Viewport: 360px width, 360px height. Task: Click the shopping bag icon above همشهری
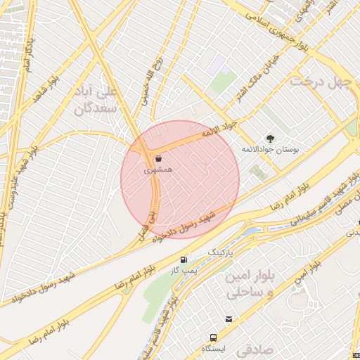coord(156,158)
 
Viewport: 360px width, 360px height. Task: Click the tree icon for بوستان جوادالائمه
coord(270,138)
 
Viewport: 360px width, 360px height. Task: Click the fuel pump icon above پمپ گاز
coord(184,259)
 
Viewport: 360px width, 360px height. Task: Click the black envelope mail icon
coord(229,320)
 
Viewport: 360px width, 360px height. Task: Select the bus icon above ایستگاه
coord(212,337)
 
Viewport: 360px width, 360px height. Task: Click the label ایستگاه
coord(212,349)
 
